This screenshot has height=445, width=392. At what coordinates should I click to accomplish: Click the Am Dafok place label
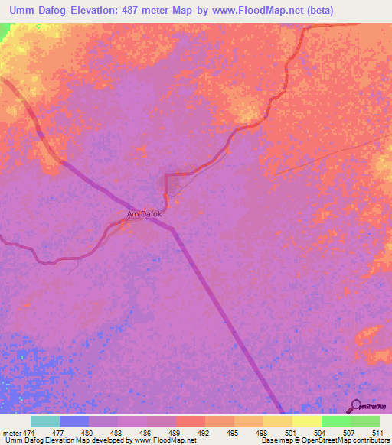[x=144, y=214]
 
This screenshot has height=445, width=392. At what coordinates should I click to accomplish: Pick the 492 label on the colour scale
[x=204, y=433]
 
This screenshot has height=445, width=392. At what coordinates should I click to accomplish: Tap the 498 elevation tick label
[x=263, y=433]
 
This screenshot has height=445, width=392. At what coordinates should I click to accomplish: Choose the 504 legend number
[x=321, y=433]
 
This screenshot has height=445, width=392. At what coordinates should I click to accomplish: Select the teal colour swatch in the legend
[x=45, y=421]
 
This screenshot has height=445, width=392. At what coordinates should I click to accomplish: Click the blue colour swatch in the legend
[x=74, y=421]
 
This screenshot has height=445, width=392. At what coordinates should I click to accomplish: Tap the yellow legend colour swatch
[x=306, y=421]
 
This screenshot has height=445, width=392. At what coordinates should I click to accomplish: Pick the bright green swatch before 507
[x=335, y=421]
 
